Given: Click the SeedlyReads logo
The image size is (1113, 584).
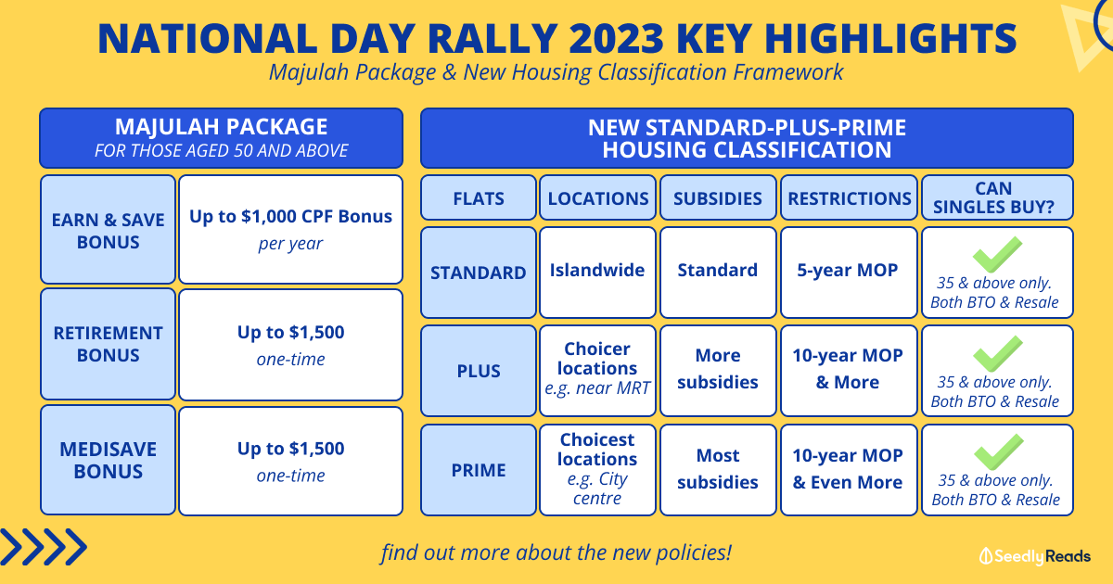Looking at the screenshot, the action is click(x=1035, y=556).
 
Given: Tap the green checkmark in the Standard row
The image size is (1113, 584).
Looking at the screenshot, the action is click(x=997, y=255).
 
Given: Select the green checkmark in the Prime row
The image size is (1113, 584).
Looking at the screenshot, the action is click(x=999, y=452).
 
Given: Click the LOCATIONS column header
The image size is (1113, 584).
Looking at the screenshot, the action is click(x=597, y=198).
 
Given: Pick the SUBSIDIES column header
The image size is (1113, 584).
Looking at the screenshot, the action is click(x=718, y=198).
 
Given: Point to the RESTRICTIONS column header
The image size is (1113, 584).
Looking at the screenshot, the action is click(x=850, y=198).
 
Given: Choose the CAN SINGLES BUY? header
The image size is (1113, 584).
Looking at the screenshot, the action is click(x=997, y=197).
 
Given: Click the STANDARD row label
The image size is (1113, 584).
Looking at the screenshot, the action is click(x=479, y=273).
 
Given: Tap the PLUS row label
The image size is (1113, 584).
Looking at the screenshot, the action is click(x=479, y=371).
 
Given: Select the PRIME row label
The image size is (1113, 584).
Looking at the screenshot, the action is click(x=479, y=470).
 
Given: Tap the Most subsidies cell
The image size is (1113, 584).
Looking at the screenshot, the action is click(x=718, y=470).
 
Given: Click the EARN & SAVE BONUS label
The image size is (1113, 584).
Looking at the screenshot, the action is click(x=108, y=230).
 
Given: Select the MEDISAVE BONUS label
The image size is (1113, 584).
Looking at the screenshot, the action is click(x=108, y=460).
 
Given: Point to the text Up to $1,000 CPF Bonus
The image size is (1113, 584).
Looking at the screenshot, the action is click(x=290, y=217).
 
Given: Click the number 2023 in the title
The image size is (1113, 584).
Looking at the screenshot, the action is click(x=616, y=38).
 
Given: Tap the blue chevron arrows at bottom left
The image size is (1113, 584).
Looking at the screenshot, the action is click(x=44, y=547).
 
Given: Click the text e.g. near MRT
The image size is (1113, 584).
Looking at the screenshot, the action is click(x=597, y=387).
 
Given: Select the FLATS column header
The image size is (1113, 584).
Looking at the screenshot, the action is click(x=479, y=198).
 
